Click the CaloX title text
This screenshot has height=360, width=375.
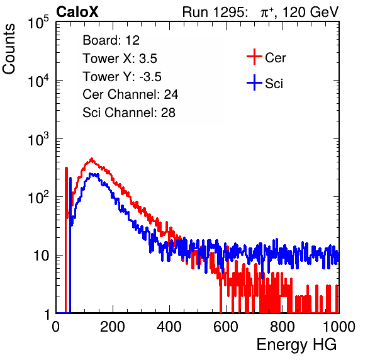tap(77, 12)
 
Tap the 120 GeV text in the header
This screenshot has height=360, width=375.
tap(310, 12)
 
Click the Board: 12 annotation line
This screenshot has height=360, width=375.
tap(111, 40)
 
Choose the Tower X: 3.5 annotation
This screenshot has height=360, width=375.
tap(120, 59)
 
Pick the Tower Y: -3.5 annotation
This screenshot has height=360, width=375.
tap(122, 77)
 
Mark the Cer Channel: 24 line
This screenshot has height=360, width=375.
tap(130, 94)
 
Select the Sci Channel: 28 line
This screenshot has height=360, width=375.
tap(129, 113)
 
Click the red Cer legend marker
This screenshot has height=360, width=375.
tap(254, 57)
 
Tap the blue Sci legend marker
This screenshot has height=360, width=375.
tap(254, 83)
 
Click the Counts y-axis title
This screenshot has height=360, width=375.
tap(9, 49)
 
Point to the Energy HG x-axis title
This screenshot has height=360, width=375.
tap(296, 344)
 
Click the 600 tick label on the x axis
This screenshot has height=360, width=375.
tap(226, 327)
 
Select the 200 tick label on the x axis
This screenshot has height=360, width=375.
tap(113, 327)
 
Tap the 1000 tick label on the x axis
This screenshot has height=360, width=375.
tap(339, 327)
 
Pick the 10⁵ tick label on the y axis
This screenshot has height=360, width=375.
tap(38, 22)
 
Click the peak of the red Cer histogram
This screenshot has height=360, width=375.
tap(91, 159)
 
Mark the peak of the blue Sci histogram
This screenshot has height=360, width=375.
tap(91, 174)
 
